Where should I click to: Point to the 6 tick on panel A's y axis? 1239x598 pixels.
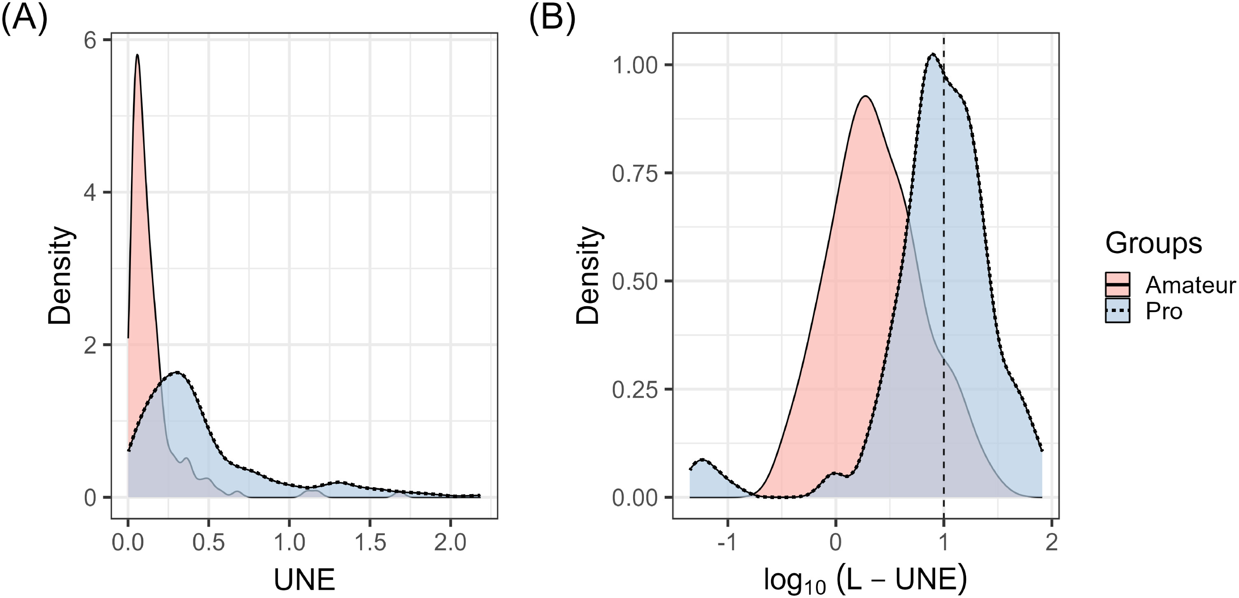coord(91,40)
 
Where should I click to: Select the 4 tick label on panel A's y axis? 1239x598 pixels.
coord(91,192)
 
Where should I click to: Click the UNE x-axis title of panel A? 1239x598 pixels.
coord(304,580)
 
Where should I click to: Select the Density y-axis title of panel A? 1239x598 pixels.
coord(61,275)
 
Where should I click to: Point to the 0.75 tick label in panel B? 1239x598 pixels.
coord(634,174)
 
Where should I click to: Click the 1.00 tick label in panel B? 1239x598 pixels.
coord(634,66)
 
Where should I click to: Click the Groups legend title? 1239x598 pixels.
coord(1153,244)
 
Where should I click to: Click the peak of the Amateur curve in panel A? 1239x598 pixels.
coord(137,55)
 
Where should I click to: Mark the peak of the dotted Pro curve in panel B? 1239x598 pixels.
coord(933,54)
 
